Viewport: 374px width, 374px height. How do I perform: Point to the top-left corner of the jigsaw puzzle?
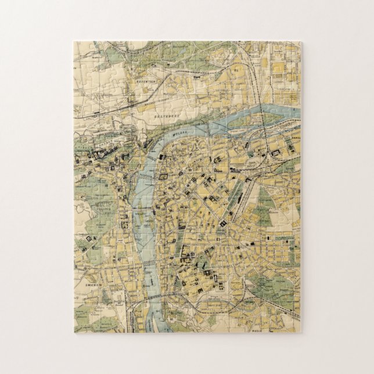[x=74, y=42]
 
